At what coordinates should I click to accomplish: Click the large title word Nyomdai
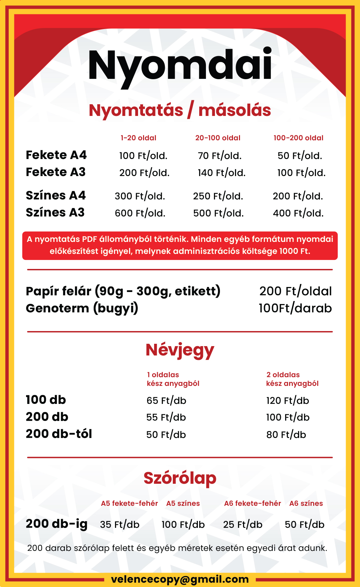(x=180, y=65)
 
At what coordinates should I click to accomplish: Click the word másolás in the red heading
(x=235, y=110)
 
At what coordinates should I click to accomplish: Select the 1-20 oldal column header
(x=138, y=138)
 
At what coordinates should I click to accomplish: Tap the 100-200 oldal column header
(x=298, y=138)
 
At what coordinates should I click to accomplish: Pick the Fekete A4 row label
(x=56, y=155)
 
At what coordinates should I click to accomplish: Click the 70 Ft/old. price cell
(x=220, y=156)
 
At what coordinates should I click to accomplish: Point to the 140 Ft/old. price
(x=222, y=173)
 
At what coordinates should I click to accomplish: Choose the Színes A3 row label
(x=55, y=212)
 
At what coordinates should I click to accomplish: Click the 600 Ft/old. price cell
(x=140, y=213)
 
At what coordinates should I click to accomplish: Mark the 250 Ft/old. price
(x=218, y=196)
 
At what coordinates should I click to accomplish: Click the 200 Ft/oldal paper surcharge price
(x=295, y=291)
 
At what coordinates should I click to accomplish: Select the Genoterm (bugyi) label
(x=82, y=308)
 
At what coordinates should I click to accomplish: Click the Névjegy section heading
(x=180, y=350)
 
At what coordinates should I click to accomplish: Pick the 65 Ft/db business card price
(x=166, y=401)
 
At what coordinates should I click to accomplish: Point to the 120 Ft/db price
(x=287, y=401)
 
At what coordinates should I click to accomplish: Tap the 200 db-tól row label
(x=59, y=434)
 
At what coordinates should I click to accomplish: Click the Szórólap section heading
(x=180, y=478)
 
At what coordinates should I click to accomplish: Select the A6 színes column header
(x=306, y=503)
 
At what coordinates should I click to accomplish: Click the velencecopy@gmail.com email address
(x=180, y=579)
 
